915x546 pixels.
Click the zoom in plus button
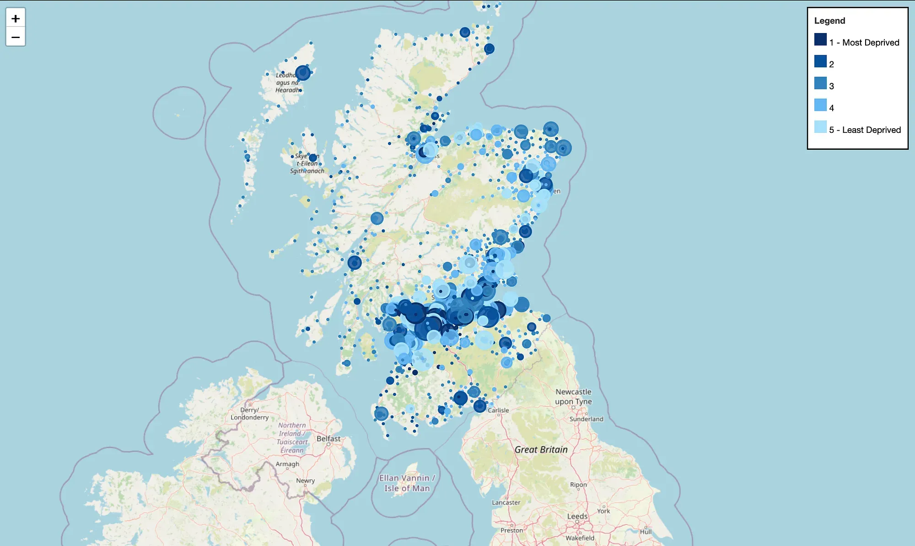pos(16,18)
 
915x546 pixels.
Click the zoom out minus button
pos(16,37)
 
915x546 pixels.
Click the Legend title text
pos(829,21)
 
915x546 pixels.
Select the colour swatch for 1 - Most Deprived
pos(820,40)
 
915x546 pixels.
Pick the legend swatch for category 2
pos(820,61)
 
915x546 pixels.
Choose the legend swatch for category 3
pos(820,83)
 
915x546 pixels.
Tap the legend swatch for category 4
pos(820,105)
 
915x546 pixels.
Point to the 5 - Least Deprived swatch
pos(820,127)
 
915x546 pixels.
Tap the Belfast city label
pos(328,438)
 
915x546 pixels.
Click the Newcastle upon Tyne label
pos(573,397)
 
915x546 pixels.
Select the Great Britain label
pos(541,450)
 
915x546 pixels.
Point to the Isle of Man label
pos(407,483)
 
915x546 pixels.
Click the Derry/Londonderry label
pos(249,414)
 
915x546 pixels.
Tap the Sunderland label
pos(586,419)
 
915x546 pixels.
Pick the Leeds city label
pos(577,516)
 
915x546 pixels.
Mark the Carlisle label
pos(498,410)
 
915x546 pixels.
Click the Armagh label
pos(287,464)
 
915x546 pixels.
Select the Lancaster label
pos(506,502)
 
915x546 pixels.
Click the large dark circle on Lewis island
pos(302,73)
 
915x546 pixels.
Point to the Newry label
pos(305,481)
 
